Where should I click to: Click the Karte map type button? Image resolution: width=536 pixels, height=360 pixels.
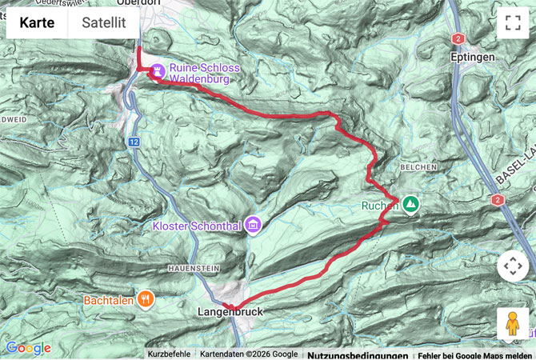click(37, 22)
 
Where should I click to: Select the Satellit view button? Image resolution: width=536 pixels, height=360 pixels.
click(104, 22)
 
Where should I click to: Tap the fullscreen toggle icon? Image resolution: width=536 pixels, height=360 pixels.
click(513, 22)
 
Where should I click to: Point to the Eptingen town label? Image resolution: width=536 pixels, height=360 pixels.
click(473, 58)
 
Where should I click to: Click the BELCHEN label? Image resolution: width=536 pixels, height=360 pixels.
click(420, 167)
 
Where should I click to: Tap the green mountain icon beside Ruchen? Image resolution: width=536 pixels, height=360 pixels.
click(410, 205)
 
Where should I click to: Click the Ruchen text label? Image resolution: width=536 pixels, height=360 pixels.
click(380, 206)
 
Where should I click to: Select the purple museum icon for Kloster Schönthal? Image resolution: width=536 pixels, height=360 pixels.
click(254, 225)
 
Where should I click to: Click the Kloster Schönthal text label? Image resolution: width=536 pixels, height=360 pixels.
click(198, 226)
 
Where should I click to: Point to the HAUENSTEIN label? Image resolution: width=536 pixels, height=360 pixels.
click(191, 268)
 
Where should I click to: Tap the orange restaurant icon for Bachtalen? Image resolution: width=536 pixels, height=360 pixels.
click(145, 300)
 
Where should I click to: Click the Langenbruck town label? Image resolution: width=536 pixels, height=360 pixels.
click(230, 312)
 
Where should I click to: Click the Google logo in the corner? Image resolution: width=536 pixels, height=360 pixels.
click(28, 348)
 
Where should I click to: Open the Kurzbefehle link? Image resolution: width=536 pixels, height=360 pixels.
click(169, 354)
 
